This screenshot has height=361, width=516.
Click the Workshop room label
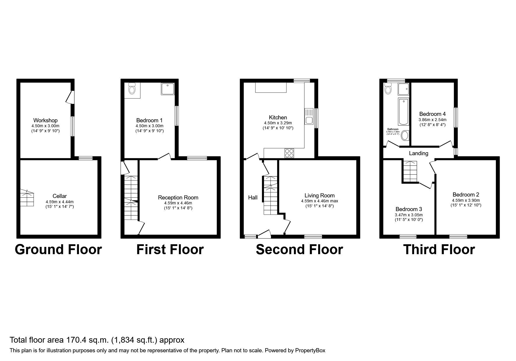click(x=45, y=120)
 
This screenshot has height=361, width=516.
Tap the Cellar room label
click(x=59, y=196)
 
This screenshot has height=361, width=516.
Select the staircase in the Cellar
click(x=27, y=198)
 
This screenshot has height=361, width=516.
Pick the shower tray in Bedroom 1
click(x=167, y=89)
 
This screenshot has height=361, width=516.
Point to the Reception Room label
click(x=178, y=198)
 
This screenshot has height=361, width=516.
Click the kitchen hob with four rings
click(x=289, y=153)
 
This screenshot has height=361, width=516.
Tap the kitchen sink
click(x=308, y=117)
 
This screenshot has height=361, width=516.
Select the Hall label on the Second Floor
click(x=253, y=198)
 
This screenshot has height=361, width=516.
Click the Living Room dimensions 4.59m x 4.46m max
click(x=319, y=201)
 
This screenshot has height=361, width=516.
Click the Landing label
click(x=418, y=153)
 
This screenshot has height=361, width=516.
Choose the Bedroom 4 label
click(x=432, y=114)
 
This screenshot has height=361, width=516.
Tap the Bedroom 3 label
click(x=408, y=209)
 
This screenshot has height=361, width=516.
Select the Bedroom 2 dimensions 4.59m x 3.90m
click(x=466, y=200)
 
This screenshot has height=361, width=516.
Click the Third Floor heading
click(x=439, y=250)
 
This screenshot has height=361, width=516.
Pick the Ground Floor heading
click(x=58, y=250)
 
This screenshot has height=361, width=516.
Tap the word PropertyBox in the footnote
click(x=310, y=351)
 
